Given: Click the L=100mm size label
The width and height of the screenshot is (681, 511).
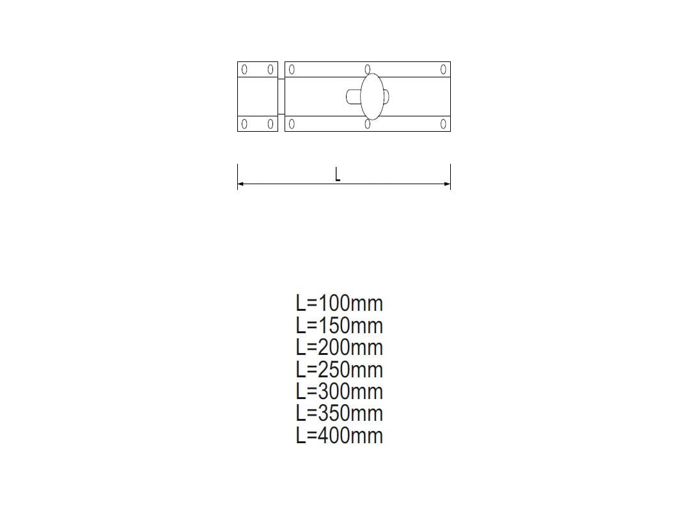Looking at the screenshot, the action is [x=339, y=303].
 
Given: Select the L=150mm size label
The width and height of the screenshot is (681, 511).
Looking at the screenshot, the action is [x=339, y=326].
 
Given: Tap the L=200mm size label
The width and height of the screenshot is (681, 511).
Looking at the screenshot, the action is [x=339, y=347].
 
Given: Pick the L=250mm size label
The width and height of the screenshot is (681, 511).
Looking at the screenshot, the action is [x=339, y=370].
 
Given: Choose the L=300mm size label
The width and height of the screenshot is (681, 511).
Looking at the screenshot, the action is [x=339, y=391].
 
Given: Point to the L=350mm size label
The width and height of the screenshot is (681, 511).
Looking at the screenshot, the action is [x=339, y=413].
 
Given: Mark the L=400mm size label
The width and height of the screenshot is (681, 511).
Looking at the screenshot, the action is [x=339, y=435].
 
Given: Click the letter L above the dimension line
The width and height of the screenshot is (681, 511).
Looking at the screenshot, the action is [x=338, y=175].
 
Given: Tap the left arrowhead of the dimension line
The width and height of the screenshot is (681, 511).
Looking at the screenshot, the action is [x=240, y=184].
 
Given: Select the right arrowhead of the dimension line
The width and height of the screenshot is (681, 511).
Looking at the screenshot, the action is [x=448, y=184].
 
